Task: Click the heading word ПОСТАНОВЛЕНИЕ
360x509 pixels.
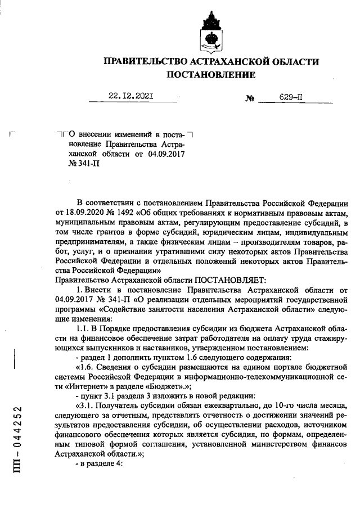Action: [x=210, y=74]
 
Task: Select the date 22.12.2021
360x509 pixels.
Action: [x=132, y=97]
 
